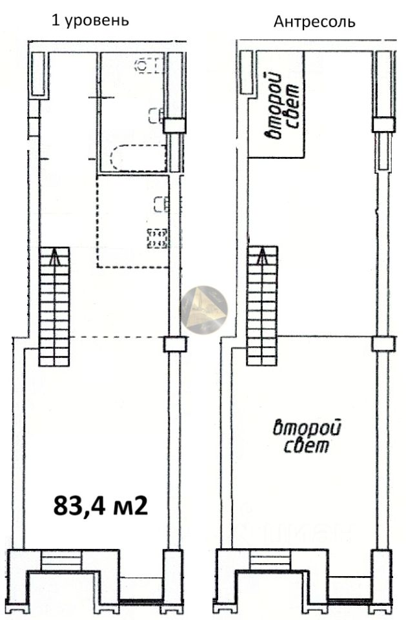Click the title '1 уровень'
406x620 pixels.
tap(90, 20)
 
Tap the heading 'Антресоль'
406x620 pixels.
tap(314, 21)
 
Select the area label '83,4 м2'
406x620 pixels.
tap(101, 505)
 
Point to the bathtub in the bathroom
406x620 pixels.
tap(138, 158)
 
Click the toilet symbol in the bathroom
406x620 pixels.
tap(149, 65)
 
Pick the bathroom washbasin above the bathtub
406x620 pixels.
tap(156, 116)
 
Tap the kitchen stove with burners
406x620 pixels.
tap(157, 238)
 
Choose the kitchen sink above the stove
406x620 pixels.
tap(161, 205)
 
